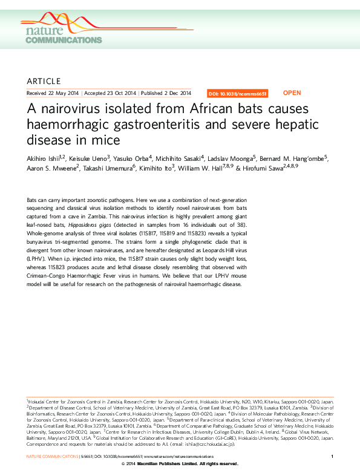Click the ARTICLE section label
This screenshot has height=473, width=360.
[44, 81]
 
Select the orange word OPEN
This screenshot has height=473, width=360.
[292, 93]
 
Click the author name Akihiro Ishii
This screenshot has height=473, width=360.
[43, 158]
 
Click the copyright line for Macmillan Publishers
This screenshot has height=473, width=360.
[180, 464]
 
